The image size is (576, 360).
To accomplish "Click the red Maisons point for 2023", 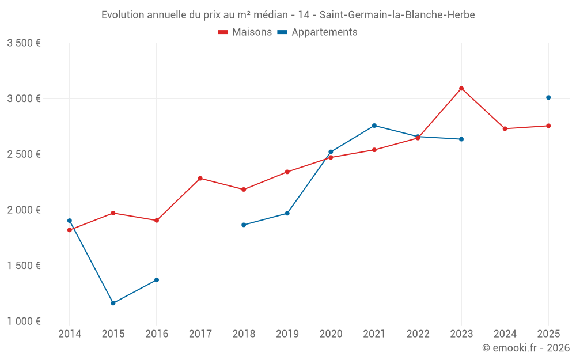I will pyautogui.click(x=461, y=89).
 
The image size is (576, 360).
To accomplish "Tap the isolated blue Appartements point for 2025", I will pyautogui.click(x=548, y=97).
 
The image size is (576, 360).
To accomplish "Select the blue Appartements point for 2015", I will pyautogui.click(x=113, y=303).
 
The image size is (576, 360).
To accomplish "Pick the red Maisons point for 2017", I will pyautogui.click(x=200, y=178).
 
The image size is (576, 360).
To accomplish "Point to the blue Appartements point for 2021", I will pyautogui.click(x=374, y=126).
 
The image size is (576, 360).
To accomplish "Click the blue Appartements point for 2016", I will pyautogui.click(x=157, y=280).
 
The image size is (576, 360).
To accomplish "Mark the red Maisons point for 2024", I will pyautogui.click(x=505, y=128).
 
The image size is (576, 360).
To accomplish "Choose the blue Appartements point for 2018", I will pyautogui.click(x=244, y=225).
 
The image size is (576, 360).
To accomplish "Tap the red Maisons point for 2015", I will pyautogui.click(x=113, y=213).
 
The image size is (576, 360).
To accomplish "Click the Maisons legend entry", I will pyautogui.click(x=245, y=32).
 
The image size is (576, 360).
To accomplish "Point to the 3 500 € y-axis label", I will pyautogui.click(x=24, y=43).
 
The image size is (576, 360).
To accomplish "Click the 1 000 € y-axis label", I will pyautogui.click(x=24, y=321).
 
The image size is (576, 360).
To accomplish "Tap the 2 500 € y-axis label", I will pyautogui.click(x=24, y=154).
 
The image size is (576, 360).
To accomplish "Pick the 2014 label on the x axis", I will pyautogui.click(x=70, y=334).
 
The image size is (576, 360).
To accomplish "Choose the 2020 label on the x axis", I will pyautogui.click(x=331, y=334).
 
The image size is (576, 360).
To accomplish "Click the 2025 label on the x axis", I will pyautogui.click(x=548, y=334).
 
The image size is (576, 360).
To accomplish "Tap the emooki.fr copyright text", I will pyautogui.click(x=526, y=348).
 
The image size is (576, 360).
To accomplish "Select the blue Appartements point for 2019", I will pyautogui.click(x=287, y=213).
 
